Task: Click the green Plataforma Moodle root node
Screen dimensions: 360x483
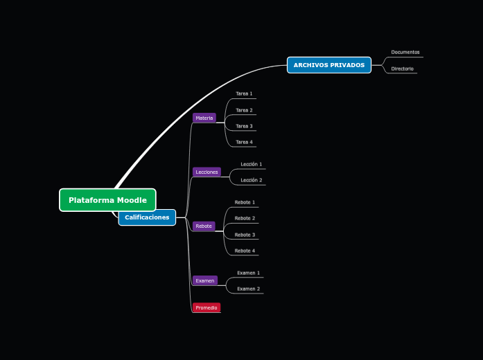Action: [x=107, y=200]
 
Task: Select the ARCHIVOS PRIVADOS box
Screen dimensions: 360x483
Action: [x=328, y=65]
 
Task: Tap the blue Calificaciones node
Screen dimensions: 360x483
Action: [x=147, y=217]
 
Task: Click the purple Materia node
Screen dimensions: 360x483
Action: [x=204, y=118]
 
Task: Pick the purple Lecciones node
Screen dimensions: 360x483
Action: [x=207, y=172]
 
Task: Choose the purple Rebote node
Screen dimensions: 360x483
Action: [x=204, y=226]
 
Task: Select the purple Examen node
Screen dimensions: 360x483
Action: [x=205, y=280]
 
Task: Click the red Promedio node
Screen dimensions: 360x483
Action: [x=206, y=307]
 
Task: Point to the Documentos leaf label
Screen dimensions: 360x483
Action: [x=405, y=52]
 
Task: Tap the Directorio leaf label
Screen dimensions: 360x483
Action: [x=402, y=69]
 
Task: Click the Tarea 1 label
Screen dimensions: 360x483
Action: [x=244, y=93]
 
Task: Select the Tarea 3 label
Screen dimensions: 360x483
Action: [x=244, y=126]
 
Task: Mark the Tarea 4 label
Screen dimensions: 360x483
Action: [x=244, y=142]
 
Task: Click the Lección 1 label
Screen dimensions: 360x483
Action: [x=251, y=164]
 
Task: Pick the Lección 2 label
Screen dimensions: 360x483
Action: [x=251, y=180]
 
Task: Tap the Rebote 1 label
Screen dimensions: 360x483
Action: [x=245, y=202]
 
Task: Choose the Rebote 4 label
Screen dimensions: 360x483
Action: [x=245, y=251]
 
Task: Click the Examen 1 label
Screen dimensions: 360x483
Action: [x=248, y=273]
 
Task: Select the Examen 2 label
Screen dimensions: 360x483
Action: [x=248, y=289]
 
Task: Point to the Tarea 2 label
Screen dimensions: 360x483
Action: [x=244, y=110]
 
